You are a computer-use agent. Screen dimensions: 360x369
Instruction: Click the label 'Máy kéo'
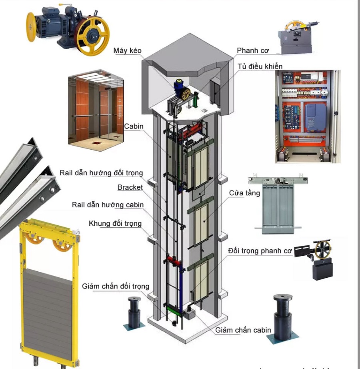(127, 50)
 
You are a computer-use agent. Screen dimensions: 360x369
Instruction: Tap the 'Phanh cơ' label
(252, 50)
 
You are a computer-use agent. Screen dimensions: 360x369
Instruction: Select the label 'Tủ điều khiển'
(260, 66)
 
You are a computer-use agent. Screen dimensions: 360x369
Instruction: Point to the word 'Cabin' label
(134, 126)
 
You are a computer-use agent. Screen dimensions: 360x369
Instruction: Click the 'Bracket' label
(130, 187)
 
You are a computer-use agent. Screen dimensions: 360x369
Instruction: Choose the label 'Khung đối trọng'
(115, 223)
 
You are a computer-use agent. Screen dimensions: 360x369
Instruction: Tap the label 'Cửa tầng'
(244, 193)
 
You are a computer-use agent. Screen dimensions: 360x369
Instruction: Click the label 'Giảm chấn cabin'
(243, 330)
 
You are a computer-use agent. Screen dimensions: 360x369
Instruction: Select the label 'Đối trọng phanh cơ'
(260, 251)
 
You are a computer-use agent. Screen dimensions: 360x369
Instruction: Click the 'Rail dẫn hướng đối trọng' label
(101, 173)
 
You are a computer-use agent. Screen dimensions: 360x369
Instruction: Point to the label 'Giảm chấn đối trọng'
(116, 287)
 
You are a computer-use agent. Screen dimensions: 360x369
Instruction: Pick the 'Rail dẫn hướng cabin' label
(108, 205)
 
